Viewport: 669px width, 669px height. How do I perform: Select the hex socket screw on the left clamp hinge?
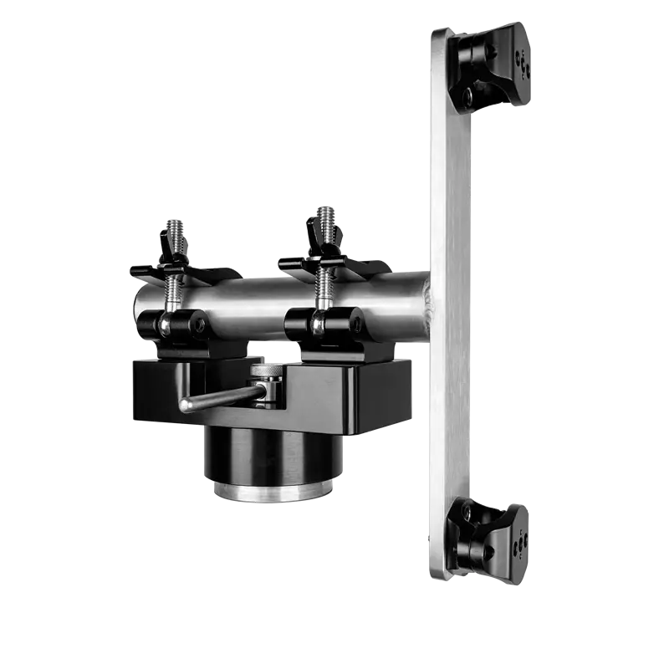198,326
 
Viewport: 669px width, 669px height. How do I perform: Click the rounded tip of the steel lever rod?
183,406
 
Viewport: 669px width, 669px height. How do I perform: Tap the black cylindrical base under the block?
268,456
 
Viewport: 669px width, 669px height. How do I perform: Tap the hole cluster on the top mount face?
523,63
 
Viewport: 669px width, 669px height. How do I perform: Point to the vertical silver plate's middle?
452,301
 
